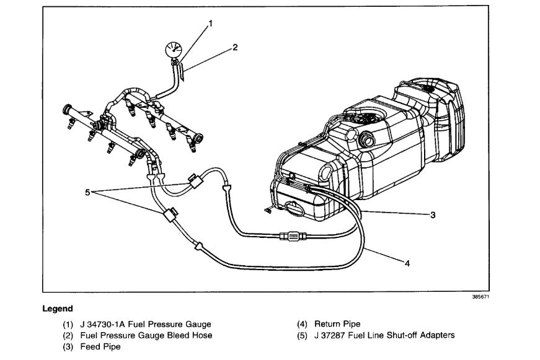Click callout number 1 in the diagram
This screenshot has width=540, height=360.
[x=211, y=24]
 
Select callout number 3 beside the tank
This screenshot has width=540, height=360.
[x=433, y=215]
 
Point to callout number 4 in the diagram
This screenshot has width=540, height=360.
[x=407, y=263]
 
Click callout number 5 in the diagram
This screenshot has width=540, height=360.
[x=87, y=191]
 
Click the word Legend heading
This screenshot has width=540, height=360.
[x=58, y=309]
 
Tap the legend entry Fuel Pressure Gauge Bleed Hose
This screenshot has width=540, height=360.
[x=146, y=335]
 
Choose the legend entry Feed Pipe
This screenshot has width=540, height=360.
[x=100, y=346]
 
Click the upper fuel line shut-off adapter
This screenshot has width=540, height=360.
[x=197, y=181]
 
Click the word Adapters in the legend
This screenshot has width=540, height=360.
[x=438, y=335]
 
